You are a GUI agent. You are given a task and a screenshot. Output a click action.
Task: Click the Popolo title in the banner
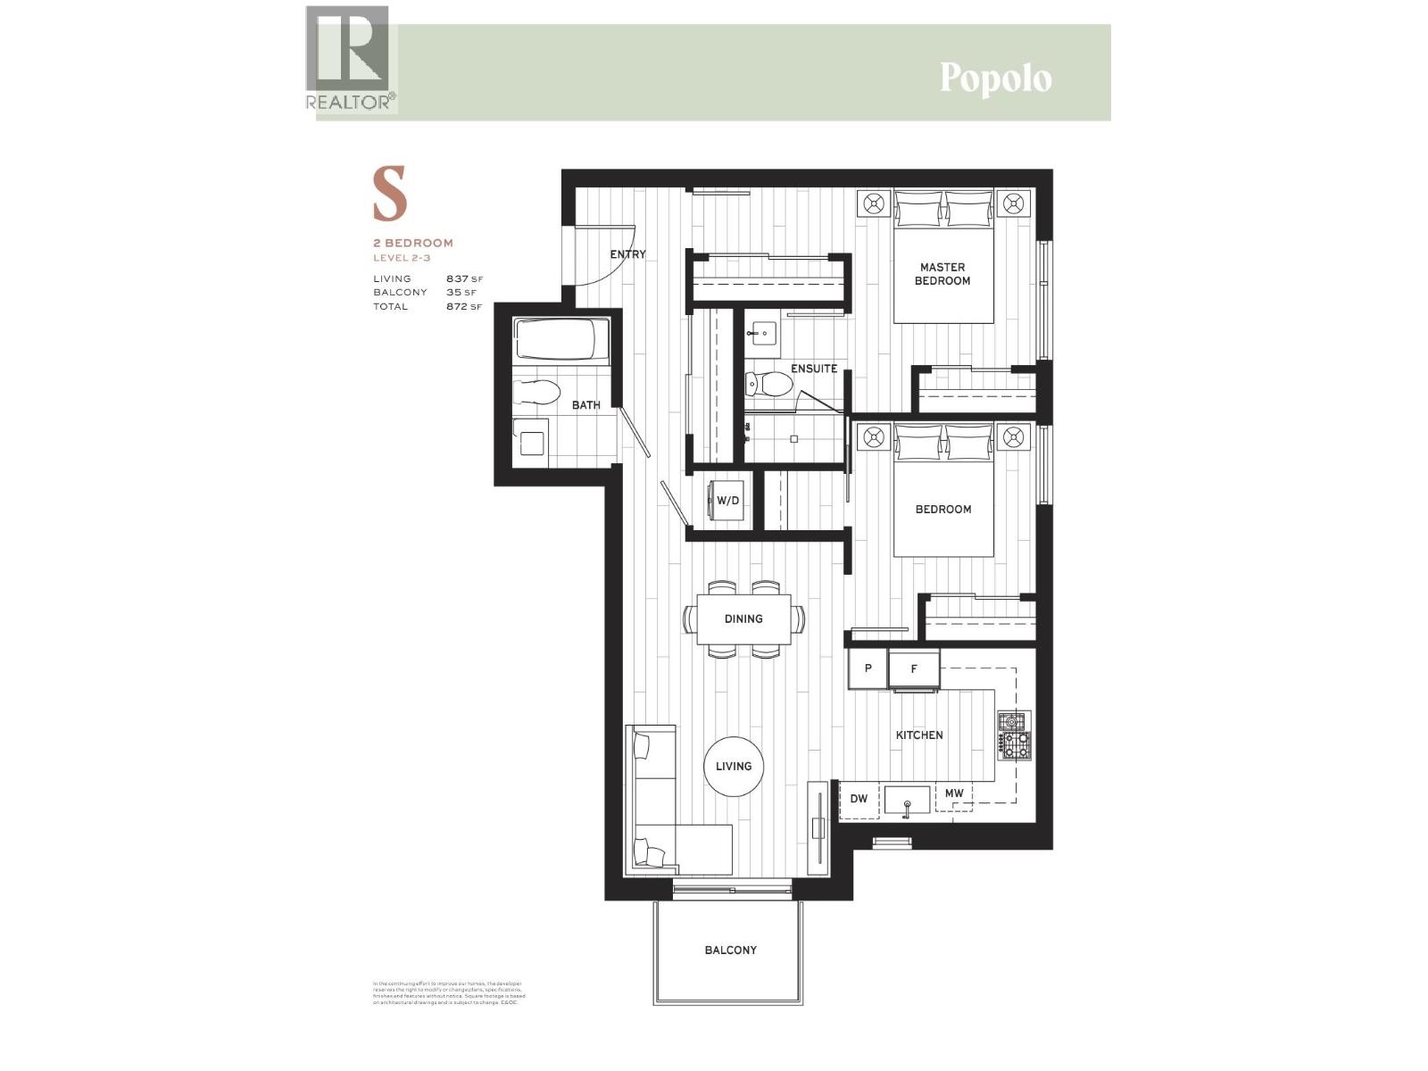[995, 79]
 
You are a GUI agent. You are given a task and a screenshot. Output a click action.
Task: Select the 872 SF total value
[463, 306]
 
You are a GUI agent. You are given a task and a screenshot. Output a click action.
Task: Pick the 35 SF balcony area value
[463, 292]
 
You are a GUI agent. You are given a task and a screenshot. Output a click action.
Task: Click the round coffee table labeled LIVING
[734, 766]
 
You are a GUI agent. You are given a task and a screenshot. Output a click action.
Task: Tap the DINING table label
[743, 619]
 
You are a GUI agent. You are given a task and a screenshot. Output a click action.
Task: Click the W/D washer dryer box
[726, 501]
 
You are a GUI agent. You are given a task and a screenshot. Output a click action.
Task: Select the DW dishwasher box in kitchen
[859, 799]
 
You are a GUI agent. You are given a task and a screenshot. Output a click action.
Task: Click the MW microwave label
[954, 793]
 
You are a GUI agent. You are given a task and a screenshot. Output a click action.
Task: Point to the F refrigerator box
[914, 668]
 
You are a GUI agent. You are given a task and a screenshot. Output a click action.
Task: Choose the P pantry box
[868, 668]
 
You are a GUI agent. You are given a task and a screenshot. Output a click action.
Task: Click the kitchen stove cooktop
[1015, 735]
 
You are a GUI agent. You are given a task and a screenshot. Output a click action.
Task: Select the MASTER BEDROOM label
[942, 273]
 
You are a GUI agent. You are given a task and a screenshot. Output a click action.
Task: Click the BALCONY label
[730, 950]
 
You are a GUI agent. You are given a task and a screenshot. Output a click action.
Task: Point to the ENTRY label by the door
[627, 254]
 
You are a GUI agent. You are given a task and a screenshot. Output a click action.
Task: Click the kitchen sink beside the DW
[907, 801]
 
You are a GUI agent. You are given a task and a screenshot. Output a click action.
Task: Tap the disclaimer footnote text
[448, 992]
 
